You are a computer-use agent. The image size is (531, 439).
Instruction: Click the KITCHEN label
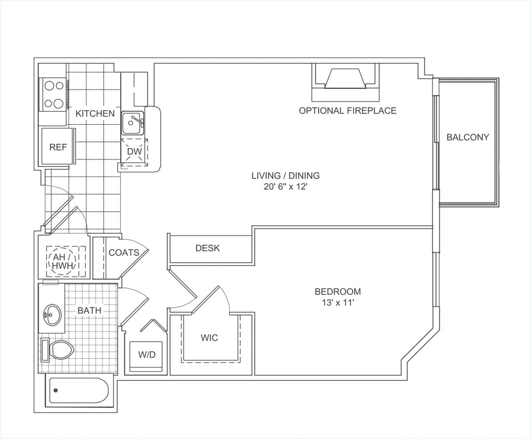[x=95, y=113]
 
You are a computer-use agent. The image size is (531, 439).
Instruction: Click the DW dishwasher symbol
[x=134, y=152]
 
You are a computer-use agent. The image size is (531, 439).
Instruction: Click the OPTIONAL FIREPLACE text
[x=347, y=111]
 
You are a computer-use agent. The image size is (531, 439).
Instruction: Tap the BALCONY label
[x=468, y=137]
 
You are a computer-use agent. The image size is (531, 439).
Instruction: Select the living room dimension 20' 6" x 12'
[x=286, y=186]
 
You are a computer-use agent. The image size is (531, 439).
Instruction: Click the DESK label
[x=207, y=248]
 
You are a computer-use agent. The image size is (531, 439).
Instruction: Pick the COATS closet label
[x=124, y=252]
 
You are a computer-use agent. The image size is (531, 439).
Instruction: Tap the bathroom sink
[x=52, y=315]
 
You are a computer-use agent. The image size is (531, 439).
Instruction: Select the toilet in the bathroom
[x=57, y=349]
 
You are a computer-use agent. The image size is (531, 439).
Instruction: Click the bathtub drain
[x=56, y=391]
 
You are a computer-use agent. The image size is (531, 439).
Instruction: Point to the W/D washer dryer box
[x=147, y=356]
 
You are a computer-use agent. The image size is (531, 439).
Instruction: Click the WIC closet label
[x=209, y=338]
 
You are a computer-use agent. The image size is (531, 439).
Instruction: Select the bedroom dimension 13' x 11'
[x=338, y=303]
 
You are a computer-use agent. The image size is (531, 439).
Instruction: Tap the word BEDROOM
[x=338, y=291]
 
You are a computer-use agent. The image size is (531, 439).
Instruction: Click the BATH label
[x=89, y=310]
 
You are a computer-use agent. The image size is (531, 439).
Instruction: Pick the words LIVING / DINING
[x=286, y=175]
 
